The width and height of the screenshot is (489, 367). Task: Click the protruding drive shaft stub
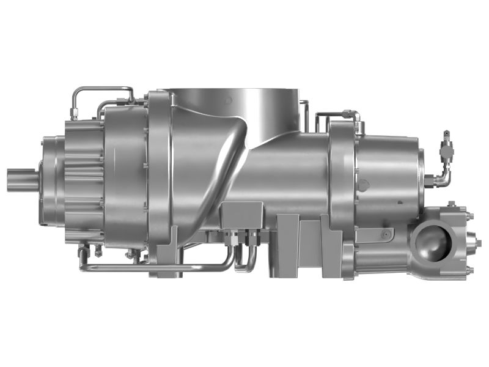point(21,182)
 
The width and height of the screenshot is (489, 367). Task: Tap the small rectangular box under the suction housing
point(242,214)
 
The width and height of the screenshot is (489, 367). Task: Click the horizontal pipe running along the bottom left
point(153,267)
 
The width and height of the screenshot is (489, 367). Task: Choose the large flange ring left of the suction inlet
point(160,177)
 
